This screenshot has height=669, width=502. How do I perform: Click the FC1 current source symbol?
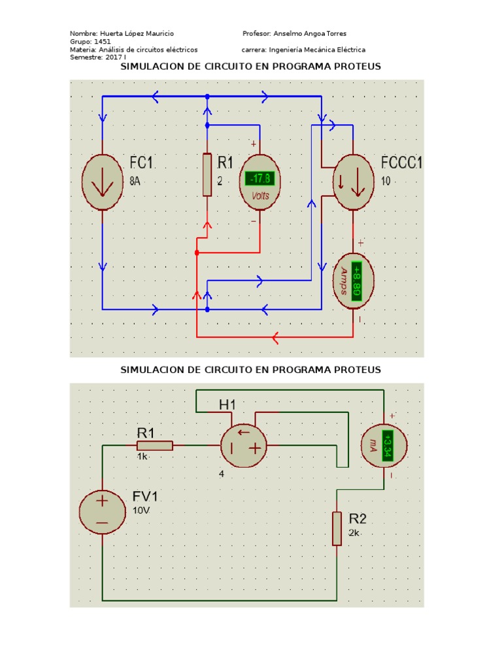[x=103, y=182]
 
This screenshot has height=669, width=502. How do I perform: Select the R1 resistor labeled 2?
[x=207, y=174]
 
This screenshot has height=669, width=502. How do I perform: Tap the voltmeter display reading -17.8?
[x=261, y=179]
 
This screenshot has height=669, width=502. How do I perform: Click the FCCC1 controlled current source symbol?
[x=353, y=182]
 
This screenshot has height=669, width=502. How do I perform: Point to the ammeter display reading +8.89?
[x=357, y=281]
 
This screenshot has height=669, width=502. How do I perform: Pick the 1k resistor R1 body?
[x=155, y=446]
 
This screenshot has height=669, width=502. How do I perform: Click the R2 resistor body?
[x=337, y=529]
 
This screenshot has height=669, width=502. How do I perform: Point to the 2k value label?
[x=354, y=533]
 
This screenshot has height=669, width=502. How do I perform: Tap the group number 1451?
[x=102, y=41]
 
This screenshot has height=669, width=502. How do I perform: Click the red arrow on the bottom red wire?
[x=275, y=337]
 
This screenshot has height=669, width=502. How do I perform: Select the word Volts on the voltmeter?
[x=261, y=195]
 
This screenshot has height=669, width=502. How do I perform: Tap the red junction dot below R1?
[x=197, y=252]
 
